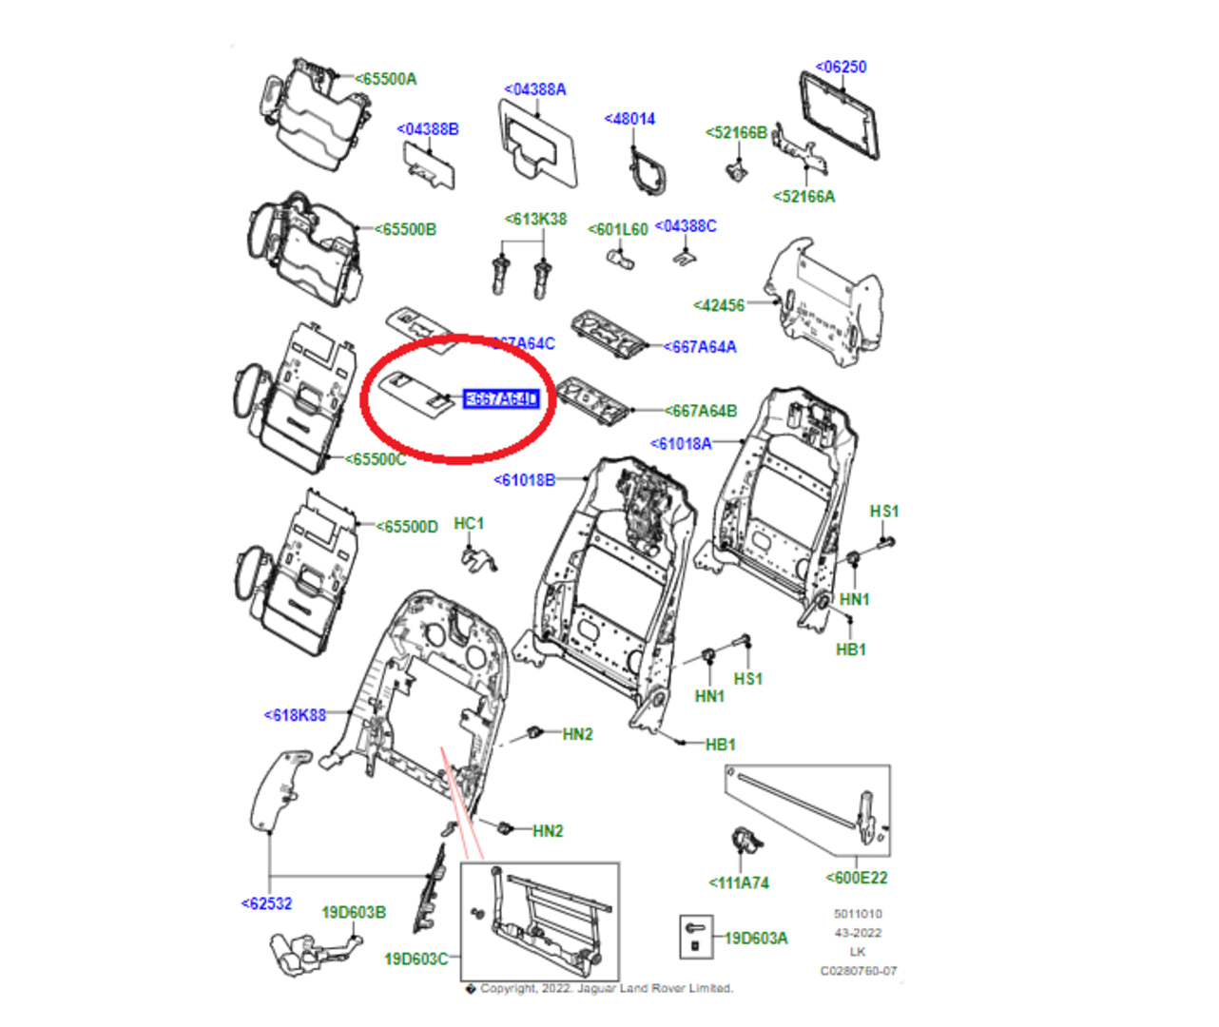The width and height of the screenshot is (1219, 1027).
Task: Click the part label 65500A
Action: pyautogui.click(x=386, y=79)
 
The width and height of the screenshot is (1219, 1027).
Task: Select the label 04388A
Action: pyautogui.click(x=535, y=89)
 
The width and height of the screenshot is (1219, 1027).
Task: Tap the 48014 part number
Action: pyautogui.click(x=629, y=119)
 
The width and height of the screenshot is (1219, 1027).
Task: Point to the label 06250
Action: pyautogui.click(x=842, y=67)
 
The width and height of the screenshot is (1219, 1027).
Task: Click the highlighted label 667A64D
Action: pyautogui.click(x=501, y=399)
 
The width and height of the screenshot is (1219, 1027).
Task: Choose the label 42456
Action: pyautogui.click(x=719, y=305)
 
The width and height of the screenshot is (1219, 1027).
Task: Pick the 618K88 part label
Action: pyautogui.click(x=295, y=715)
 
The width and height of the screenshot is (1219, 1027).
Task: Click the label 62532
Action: pyautogui.click(x=267, y=903)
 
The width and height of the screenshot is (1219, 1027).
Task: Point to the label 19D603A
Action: pyautogui.click(x=756, y=939)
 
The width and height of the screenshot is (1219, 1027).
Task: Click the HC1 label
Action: pyautogui.click(x=469, y=524)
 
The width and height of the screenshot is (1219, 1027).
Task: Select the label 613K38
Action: pyautogui.click(x=535, y=220)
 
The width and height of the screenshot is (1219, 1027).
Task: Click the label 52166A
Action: pyautogui.click(x=804, y=197)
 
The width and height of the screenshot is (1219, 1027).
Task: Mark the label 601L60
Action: pyautogui.click(x=618, y=229)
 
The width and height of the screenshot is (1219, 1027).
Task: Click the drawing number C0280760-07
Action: pyautogui.click(x=859, y=971)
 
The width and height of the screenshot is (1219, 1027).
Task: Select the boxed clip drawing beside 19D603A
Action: pyautogui.click(x=694, y=937)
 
